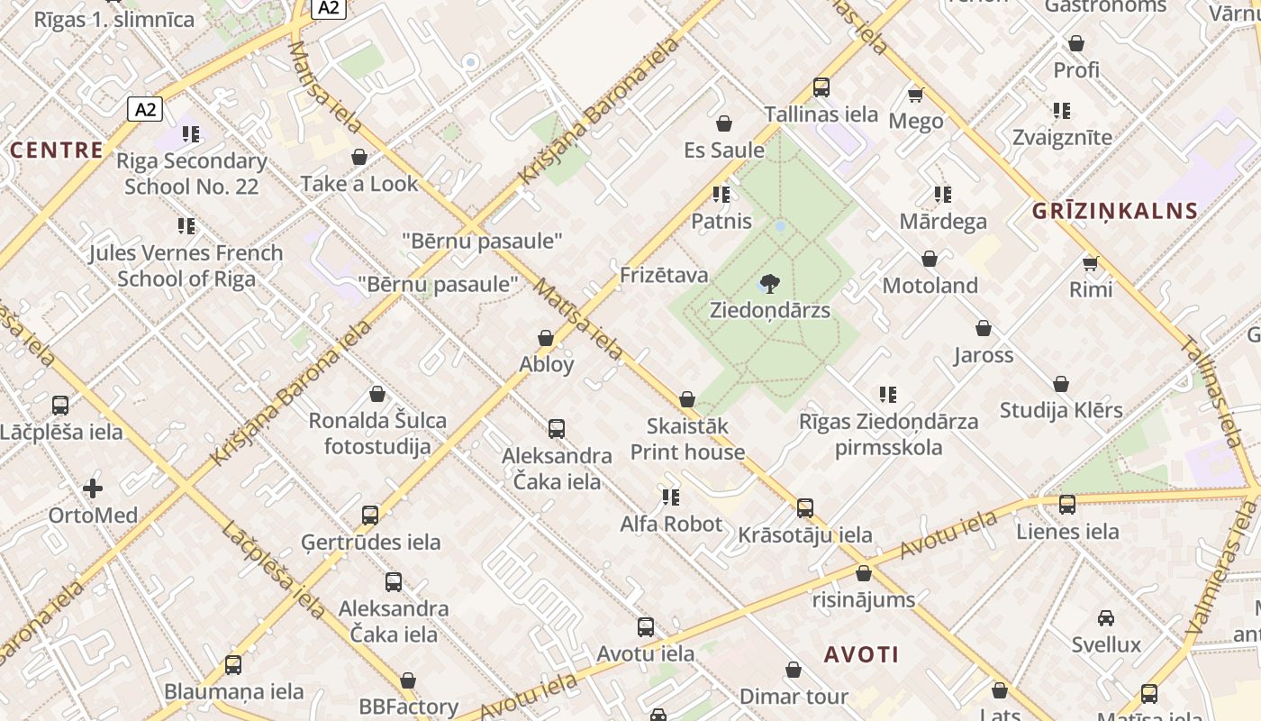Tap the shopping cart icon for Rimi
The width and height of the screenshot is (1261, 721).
point(1091,264)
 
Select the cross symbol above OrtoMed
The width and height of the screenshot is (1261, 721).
point(93,489)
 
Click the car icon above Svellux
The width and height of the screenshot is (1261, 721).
point(1106,618)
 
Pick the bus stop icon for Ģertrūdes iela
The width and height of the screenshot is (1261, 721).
point(370,516)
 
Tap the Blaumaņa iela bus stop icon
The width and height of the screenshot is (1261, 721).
point(233,665)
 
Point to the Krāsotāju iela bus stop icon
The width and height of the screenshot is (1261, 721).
point(805,508)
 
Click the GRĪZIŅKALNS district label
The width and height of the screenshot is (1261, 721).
point(1115,212)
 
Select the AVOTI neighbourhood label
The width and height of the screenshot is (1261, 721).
point(861,654)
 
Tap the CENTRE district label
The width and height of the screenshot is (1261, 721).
point(56,150)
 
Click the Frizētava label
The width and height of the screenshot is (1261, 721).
point(664,275)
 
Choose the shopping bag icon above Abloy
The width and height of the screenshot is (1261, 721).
point(546,339)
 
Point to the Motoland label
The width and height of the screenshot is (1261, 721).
point(930,286)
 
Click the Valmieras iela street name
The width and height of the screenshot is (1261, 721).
point(1223,568)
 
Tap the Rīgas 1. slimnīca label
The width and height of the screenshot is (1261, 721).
point(114,19)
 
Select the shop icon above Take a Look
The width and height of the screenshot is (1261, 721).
point(359,158)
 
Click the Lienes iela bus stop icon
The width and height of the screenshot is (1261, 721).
point(1067,505)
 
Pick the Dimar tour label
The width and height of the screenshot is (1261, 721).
point(794,697)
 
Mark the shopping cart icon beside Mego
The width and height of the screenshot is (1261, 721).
point(916,95)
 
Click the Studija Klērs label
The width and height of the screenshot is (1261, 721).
point(1061,411)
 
